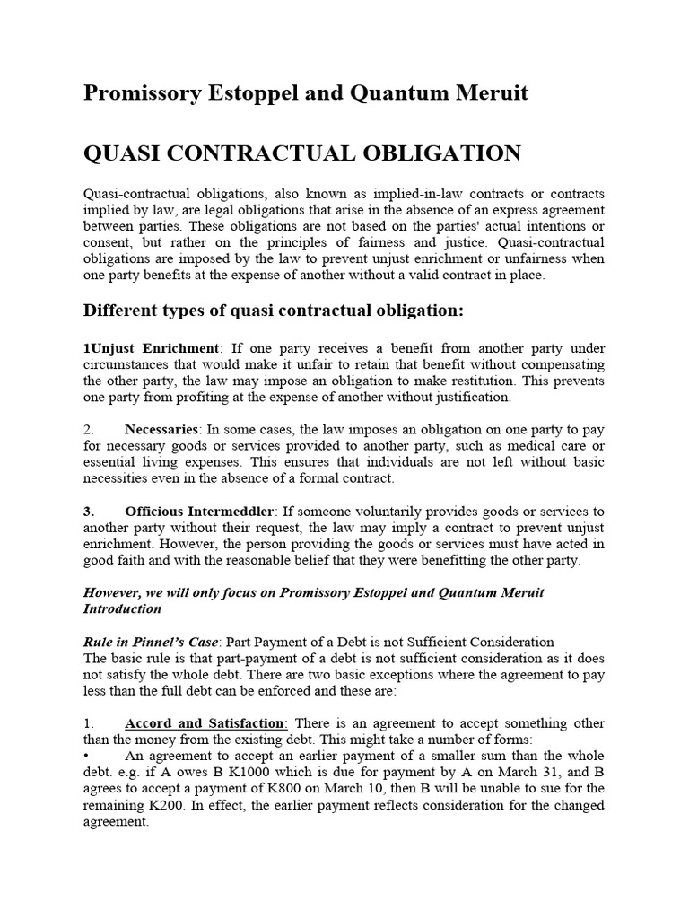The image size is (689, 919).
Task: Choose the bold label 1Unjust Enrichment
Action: [x=151, y=347]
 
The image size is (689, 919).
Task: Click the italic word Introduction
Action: [x=122, y=608]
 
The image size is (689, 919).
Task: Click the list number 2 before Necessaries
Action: [x=88, y=429]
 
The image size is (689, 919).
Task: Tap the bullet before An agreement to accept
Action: [x=86, y=756]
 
